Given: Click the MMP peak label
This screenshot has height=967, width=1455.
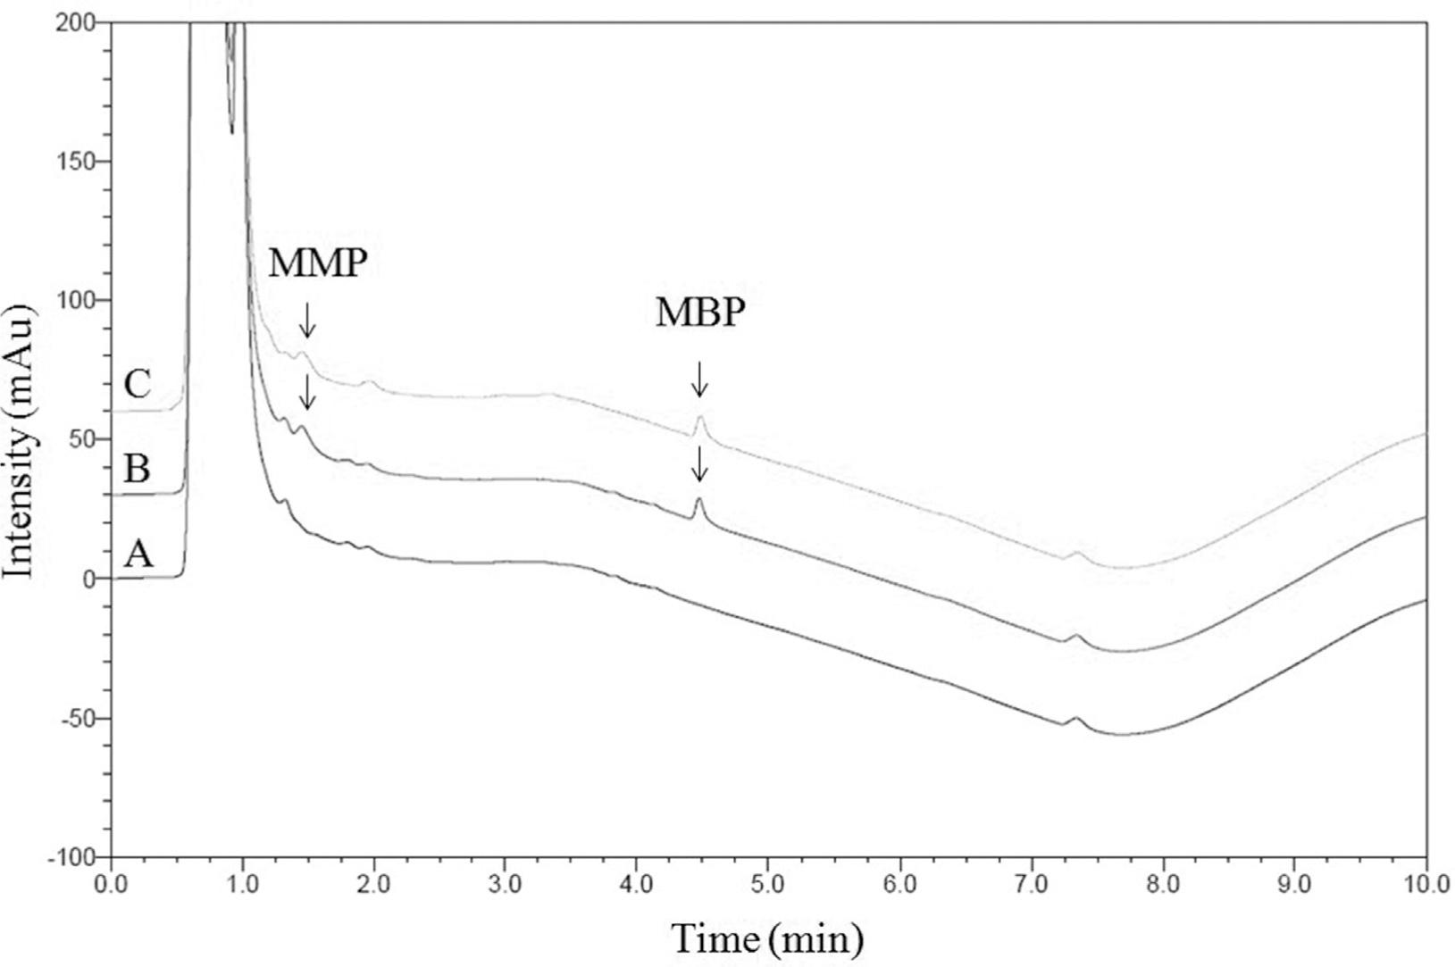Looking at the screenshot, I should click(x=318, y=263).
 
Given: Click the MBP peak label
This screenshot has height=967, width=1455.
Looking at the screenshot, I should click(x=699, y=313).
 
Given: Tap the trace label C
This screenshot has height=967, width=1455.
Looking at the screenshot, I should click(x=138, y=385).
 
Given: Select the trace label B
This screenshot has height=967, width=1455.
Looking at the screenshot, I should click(x=137, y=469).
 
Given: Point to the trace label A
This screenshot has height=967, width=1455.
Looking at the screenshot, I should click(x=138, y=554).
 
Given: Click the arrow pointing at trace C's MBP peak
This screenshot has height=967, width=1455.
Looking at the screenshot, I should click(x=699, y=379).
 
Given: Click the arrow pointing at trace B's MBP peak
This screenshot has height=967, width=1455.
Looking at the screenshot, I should click(x=699, y=464).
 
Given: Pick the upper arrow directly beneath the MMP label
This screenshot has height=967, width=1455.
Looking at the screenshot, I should click(x=307, y=320).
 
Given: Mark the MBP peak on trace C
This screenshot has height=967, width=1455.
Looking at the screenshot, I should click(x=701, y=417).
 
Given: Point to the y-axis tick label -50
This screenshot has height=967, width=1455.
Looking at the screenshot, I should click(x=79, y=719).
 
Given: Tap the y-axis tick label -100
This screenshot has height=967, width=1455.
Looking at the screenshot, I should click(x=72, y=858).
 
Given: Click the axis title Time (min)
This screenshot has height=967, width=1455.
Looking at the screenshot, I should click(x=767, y=938).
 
